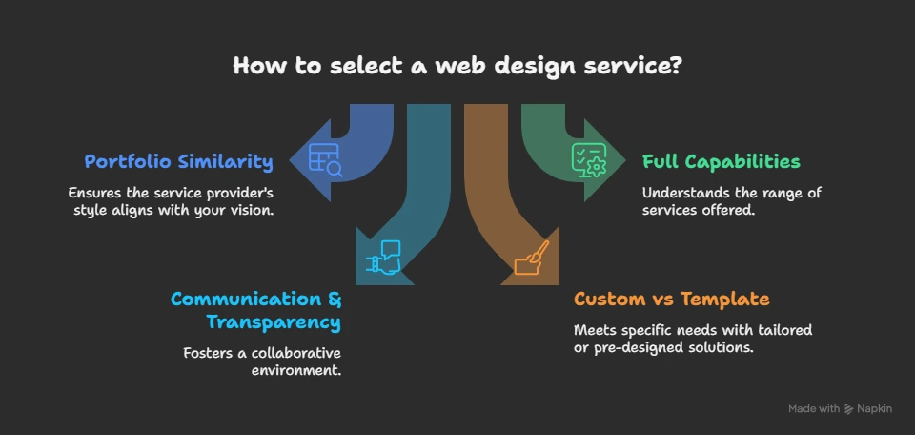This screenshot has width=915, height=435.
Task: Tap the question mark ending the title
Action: [677, 67]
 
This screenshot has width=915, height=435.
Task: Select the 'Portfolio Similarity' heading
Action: [178, 161]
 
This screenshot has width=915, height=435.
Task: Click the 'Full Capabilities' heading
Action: [721, 161]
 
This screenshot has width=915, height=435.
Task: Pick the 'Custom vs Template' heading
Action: [671, 299]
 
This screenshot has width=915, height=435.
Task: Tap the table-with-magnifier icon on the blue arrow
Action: [326, 159]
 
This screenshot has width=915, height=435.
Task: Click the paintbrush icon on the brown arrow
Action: [531, 258]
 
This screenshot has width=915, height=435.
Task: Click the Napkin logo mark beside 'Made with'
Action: [849, 408]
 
